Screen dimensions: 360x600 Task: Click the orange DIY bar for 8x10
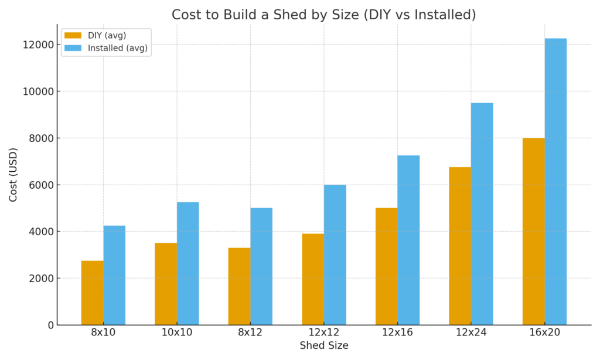[93, 293]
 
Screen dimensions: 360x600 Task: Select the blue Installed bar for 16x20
[555, 182]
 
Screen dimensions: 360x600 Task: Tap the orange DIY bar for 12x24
[460, 246]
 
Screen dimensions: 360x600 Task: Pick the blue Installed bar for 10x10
[187, 263]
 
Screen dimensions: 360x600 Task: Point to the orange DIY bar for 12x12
[313, 279]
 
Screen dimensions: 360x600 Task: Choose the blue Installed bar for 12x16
[408, 240]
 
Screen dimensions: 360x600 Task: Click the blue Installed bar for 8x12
[261, 266]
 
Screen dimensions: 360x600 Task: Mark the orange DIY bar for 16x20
[533, 232]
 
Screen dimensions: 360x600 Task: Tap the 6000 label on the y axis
[42, 185]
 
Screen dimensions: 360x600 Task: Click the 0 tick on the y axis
[52, 325]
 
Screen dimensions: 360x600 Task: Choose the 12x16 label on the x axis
[397, 333]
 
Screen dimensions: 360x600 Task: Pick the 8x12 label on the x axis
[250, 333]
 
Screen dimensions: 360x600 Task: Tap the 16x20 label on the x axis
[544, 333]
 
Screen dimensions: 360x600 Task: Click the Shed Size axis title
[324, 346]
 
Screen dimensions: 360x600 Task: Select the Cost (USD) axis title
[13, 175]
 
